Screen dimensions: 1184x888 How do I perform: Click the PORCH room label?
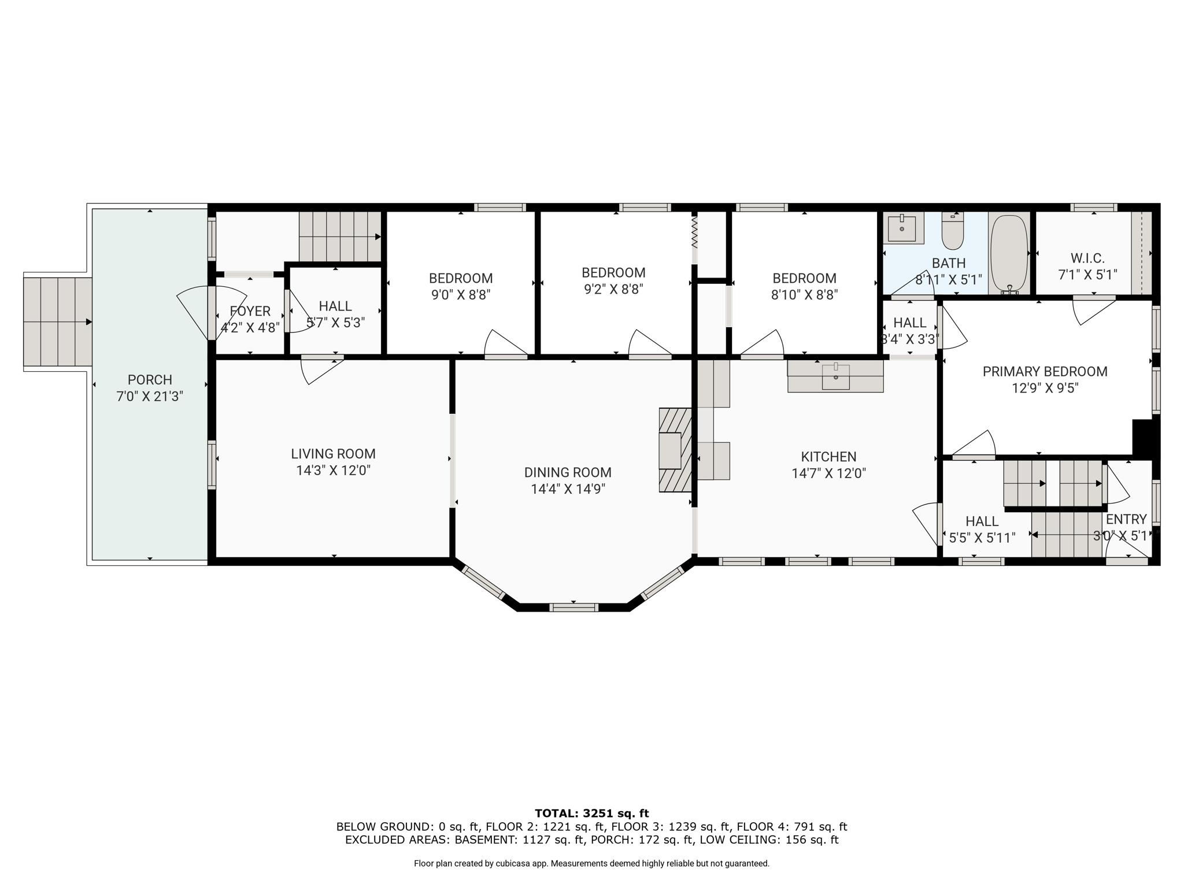(150, 380)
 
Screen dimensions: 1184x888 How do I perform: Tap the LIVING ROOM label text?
(333, 454)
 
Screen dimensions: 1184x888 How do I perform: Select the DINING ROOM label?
(568, 472)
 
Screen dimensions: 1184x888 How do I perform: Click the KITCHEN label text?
(828, 457)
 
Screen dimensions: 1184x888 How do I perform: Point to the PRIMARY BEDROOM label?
(1045, 372)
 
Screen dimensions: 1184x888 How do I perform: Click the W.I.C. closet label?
(1087, 258)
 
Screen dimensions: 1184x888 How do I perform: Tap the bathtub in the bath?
(1009, 254)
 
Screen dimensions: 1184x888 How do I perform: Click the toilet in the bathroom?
(953, 231)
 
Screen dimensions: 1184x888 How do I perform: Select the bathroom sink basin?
(902, 228)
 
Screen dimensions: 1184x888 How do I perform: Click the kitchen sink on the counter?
(835, 376)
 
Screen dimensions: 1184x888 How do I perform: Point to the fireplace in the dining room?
(675, 450)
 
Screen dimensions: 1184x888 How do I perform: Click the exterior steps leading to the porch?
(58, 322)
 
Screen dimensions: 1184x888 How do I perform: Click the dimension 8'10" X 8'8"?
(804, 295)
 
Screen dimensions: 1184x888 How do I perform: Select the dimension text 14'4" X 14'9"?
(568, 489)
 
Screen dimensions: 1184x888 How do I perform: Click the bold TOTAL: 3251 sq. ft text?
(591, 813)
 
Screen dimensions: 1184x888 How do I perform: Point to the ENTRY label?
(1126, 519)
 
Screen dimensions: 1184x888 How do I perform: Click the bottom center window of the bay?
(573, 607)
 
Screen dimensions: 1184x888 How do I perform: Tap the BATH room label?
(949, 264)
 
